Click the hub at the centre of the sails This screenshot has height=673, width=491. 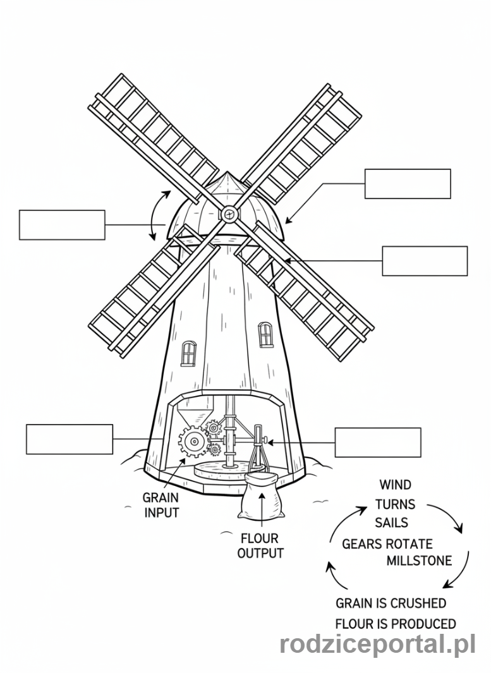[x=228, y=215]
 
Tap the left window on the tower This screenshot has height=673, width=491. [x=188, y=353]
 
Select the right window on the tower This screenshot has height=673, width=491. [x=266, y=334]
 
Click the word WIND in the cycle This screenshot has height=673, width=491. [x=395, y=485]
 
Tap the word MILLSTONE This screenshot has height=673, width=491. [x=419, y=561]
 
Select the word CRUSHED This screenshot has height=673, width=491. [x=418, y=603]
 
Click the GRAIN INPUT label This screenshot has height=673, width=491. [x=161, y=505]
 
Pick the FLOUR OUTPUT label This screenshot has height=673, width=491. [x=260, y=546]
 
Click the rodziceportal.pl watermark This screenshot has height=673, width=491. [x=377, y=645]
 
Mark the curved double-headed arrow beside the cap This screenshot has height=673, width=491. [x=155, y=215]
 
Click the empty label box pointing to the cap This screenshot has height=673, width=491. [x=408, y=184]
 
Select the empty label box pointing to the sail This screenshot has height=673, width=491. [x=425, y=261]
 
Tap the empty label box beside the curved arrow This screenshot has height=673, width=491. [x=62, y=225]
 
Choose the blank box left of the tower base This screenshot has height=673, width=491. [x=70, y=439]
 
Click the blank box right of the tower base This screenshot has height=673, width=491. [x=378, y=442]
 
